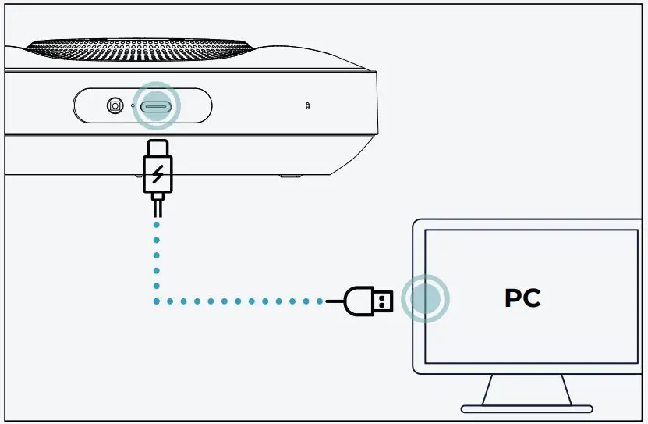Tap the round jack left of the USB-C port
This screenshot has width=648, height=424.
(115, 105)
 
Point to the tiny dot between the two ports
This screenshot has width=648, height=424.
(132, 105)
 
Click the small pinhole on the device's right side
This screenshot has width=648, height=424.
(307, 105)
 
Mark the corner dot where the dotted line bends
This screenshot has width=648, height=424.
(157, 301)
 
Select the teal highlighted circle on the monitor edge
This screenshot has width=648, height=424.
(425, 299)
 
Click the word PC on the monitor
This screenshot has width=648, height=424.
(522, 298)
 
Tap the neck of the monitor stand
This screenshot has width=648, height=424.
(526, 390)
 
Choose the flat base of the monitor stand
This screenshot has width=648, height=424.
(526, 408)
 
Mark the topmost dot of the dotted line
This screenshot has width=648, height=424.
(157, 225)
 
